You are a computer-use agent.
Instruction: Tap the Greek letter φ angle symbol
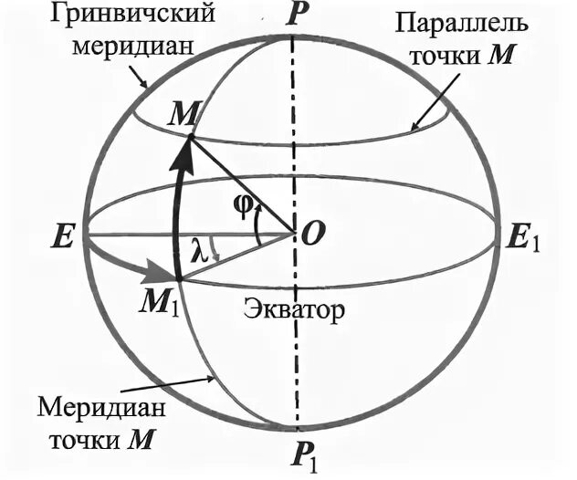242,207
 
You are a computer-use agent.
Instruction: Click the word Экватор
294,309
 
